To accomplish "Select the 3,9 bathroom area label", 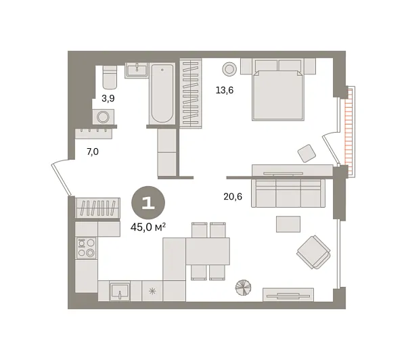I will pyautogui.click(x=108, y=98).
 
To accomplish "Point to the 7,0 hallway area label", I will pyautogui.click(x=92, y=152).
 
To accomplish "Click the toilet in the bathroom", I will pyautogui.click(x=110, y=78).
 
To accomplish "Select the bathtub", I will pyautogui.click(x=162, y=93).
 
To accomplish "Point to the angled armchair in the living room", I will pyautogui.click(x=313, y=251).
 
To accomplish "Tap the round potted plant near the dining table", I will pyautogui.click(x=243, y=288).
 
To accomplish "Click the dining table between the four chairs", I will pyautogui.click(x=208, y=251).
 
